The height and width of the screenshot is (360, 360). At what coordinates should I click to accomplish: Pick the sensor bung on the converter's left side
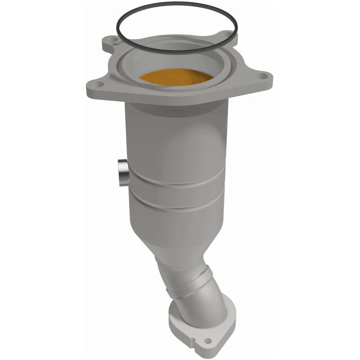tap(122, 171)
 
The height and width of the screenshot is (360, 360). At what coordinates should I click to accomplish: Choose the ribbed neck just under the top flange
tap(175, 112)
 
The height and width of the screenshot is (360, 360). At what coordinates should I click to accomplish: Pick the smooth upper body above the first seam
tap(175, 148)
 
